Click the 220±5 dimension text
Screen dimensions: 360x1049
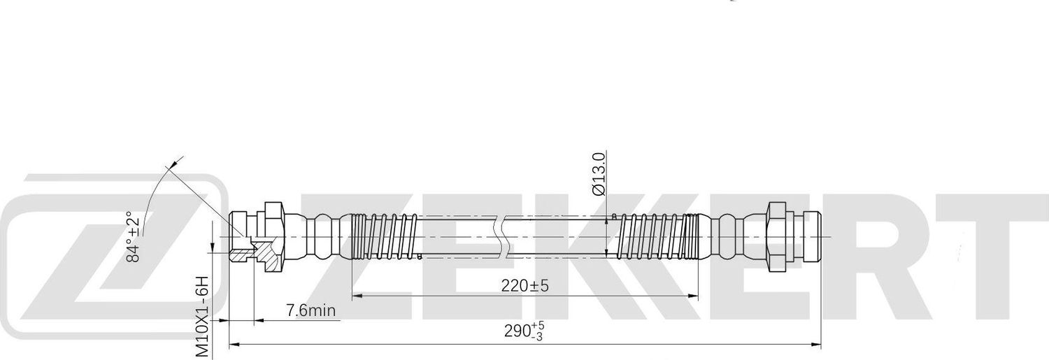click(524, 285)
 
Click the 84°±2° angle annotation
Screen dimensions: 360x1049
click(133, 236)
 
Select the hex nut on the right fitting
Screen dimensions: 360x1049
click(778, 237)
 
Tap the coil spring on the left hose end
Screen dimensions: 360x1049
click(385, 236)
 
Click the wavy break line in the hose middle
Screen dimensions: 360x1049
click(498, 236)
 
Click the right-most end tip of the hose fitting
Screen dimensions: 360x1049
click(818, 236)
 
